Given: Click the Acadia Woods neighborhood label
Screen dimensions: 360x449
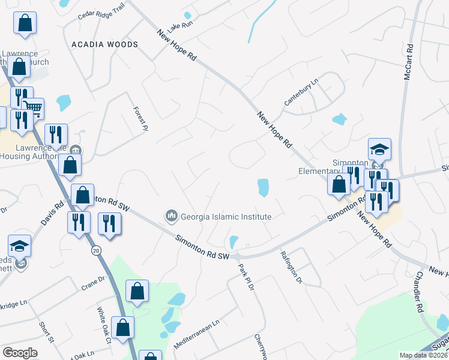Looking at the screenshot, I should pyautogui.click(x=104, y=44).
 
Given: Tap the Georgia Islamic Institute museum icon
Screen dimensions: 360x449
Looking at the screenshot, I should pyautogui.click(x=172, y=215).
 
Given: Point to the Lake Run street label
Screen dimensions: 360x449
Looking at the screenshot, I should pyautogui.click(x=180, y=25).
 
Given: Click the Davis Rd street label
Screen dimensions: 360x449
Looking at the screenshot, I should pyautogui.click(x=52, y=212).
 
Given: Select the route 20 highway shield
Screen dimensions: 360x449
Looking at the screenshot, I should pyautogui.click(x=96, y=251).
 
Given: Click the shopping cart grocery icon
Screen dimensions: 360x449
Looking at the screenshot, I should pyautogui.click(x=34, y=109).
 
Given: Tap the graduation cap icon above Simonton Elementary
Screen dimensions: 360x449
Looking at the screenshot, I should pyautogui.click(x=379, y=148).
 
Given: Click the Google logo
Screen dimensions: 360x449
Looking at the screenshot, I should pyautogui.click(x=20, y=353).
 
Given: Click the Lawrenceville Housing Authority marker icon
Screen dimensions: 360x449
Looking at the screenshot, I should pyautogui.click(x=76, y=150).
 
